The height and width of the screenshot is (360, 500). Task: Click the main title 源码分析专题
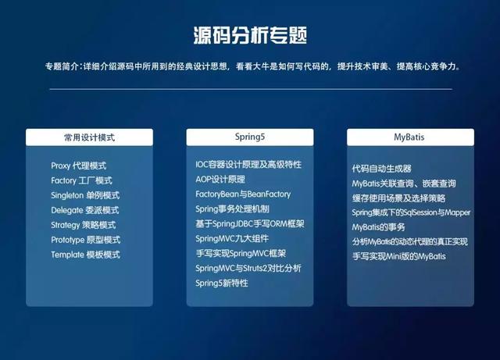point(249,35)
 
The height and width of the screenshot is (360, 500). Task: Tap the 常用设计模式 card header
point(89,137)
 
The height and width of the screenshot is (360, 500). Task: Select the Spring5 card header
point(250,137)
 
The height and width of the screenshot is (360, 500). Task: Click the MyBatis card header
point(409,137)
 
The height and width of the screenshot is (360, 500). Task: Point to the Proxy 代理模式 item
point(78,166)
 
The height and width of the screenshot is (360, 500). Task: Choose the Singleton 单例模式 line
point(85,195)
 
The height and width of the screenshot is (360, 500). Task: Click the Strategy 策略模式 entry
point(85,225)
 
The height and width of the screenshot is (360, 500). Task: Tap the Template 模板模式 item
point(85,255)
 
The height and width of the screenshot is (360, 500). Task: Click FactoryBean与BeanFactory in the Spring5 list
point(243,194)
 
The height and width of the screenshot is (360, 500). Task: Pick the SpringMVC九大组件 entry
point(233,238)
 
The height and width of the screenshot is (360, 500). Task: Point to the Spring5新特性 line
point(222,283)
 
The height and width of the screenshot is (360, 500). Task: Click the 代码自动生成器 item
point(381,169)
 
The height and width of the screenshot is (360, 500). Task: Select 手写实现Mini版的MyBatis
point(399,256)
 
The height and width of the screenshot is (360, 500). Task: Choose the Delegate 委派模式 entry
point(84,210)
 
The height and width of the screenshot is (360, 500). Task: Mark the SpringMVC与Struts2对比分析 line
point(248,268)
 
